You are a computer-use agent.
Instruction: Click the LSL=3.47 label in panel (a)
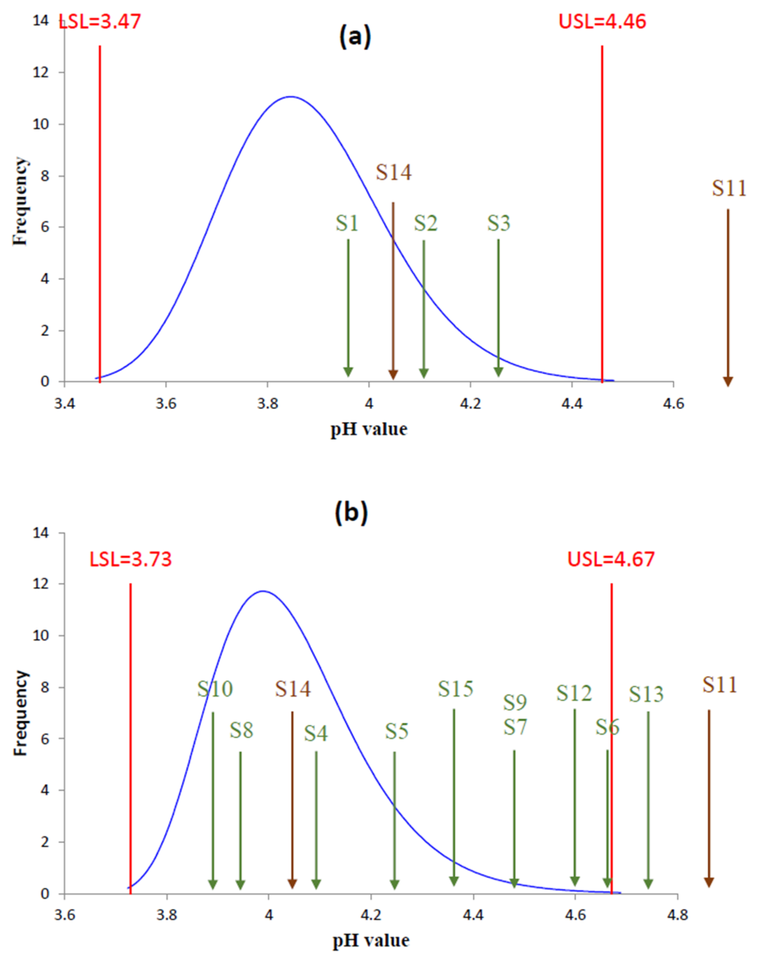100,22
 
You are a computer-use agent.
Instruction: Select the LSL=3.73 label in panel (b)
131,559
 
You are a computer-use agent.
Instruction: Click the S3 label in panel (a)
498,223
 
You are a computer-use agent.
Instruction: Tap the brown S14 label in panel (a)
394,172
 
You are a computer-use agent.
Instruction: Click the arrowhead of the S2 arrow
424,373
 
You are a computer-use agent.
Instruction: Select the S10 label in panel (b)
215,689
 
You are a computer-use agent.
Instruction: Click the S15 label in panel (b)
455,689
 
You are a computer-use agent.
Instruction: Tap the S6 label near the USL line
607,727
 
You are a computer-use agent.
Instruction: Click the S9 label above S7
515,702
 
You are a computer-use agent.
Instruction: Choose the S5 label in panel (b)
396,731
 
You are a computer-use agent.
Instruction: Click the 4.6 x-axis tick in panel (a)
674,404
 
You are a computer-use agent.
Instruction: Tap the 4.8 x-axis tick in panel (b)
677,916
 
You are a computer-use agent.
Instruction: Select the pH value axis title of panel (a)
369,429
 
